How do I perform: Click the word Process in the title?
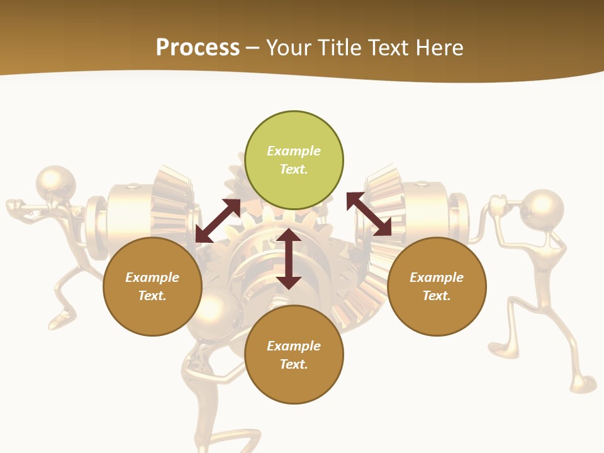tap(198, 47)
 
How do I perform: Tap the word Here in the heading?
tap(439, 47)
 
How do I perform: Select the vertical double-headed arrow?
tap(289, 258)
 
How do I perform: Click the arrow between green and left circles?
tap(218, 221)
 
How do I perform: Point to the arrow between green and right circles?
tap(369, 214)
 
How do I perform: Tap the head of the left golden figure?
tap(55, 182)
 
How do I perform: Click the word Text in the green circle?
tap(294, 169)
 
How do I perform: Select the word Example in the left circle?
tap(152, 277)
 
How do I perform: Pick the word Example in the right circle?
tap(437, 277)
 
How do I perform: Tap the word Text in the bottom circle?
tap(294, 364)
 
